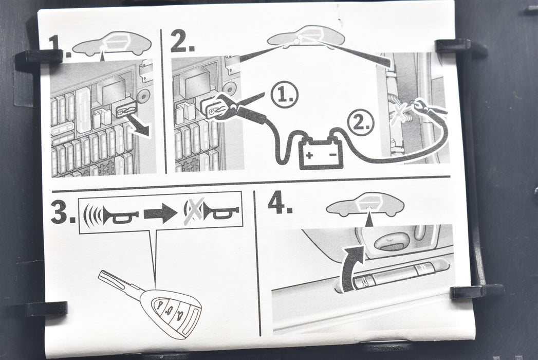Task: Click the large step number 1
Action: [x=60, y=45]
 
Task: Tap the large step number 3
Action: [x=63, y=212]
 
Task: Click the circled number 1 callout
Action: [x=284, y=95]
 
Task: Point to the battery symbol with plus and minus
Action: [x=321, y=153]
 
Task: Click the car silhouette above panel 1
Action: [x=112, y=44]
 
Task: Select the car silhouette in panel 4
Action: [x=365, y=204]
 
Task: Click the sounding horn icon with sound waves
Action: [x=110, y=214]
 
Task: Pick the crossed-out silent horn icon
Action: [x=211, y=211]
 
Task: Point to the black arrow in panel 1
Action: [x=139, y=125]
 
